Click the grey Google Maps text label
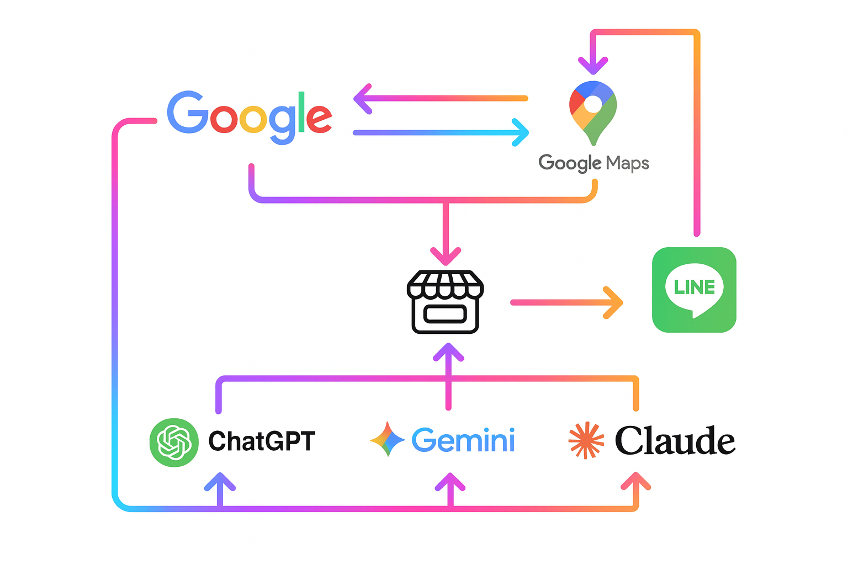[593, 163]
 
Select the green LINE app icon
[694, 290]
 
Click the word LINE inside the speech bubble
[694, 287]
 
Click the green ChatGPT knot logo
[174, 442]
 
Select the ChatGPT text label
[262, 441]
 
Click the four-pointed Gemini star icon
[387, 439]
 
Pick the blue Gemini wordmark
[463, 440]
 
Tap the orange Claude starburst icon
[586, 440]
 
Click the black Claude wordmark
[675, 441]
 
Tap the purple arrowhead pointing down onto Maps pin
[592, 66]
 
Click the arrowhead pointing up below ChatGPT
[220, 482]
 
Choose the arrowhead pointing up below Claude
[635, 482]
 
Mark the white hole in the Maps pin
[592, 104]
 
